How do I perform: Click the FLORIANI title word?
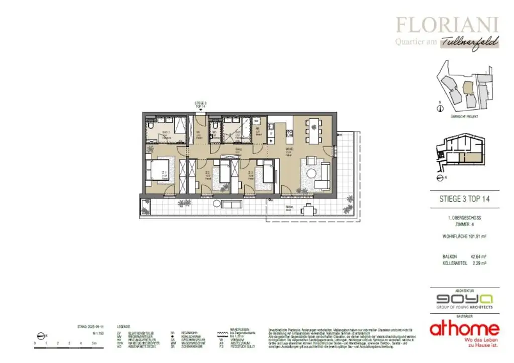[447, 24]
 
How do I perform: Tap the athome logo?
[464, 329]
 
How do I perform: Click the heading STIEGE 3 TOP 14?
[461, 199]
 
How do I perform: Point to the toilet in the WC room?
[215, 126]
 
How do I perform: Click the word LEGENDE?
[123, 326]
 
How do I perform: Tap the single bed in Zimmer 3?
[267, 173]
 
